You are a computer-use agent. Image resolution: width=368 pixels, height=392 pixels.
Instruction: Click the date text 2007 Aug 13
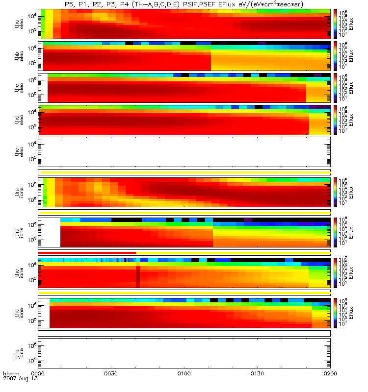pyautogui.click(x=20, y=379)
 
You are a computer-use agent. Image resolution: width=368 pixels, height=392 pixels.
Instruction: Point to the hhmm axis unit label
pyautogui.click(x=11, y=373)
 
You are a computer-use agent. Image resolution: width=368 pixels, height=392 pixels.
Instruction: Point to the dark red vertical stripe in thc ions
pyautogui.click(x=138, y=276)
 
